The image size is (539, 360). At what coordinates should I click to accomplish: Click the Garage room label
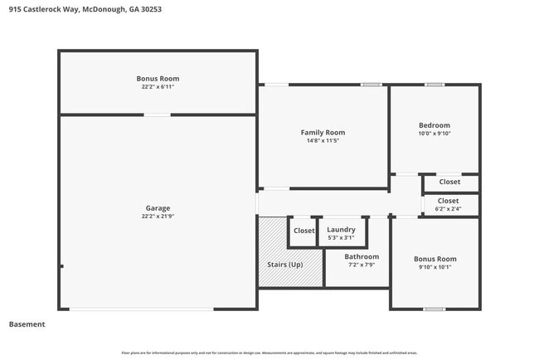pos(158,208)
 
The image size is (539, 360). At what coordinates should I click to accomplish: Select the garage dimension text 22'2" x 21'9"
pos(158,216)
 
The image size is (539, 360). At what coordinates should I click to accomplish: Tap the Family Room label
pos(323,132)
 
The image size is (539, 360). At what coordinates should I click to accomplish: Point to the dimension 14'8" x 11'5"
pos(323,141)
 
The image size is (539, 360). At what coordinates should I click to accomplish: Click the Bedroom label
pos(435,125)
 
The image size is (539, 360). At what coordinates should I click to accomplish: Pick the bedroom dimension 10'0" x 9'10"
pos(435,134)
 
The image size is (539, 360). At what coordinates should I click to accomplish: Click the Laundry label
pos(341,230)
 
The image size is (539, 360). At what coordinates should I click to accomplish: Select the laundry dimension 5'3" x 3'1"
pos(341,238)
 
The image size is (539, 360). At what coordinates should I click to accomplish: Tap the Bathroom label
pos(362,256)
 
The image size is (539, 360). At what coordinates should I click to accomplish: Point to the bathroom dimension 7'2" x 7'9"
pos(362,265)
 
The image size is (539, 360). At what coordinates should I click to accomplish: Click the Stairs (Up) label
pos(284,265)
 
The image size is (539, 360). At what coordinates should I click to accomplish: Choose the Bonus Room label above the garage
pos(158,78)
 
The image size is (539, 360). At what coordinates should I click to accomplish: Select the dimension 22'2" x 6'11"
pos(158,86)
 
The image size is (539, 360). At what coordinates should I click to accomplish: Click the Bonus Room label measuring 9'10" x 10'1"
pos(435,259)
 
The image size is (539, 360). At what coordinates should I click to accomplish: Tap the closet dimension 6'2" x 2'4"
pos(449,209)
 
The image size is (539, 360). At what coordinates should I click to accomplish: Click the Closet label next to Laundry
pos(303,231)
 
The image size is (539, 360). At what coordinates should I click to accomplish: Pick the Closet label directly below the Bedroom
pos(449,182)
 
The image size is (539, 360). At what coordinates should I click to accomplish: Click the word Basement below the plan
pos(27,324)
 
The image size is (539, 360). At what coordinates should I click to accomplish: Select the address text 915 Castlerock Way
pos(41,9)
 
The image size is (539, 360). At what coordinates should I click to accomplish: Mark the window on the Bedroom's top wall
pos(435,85)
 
